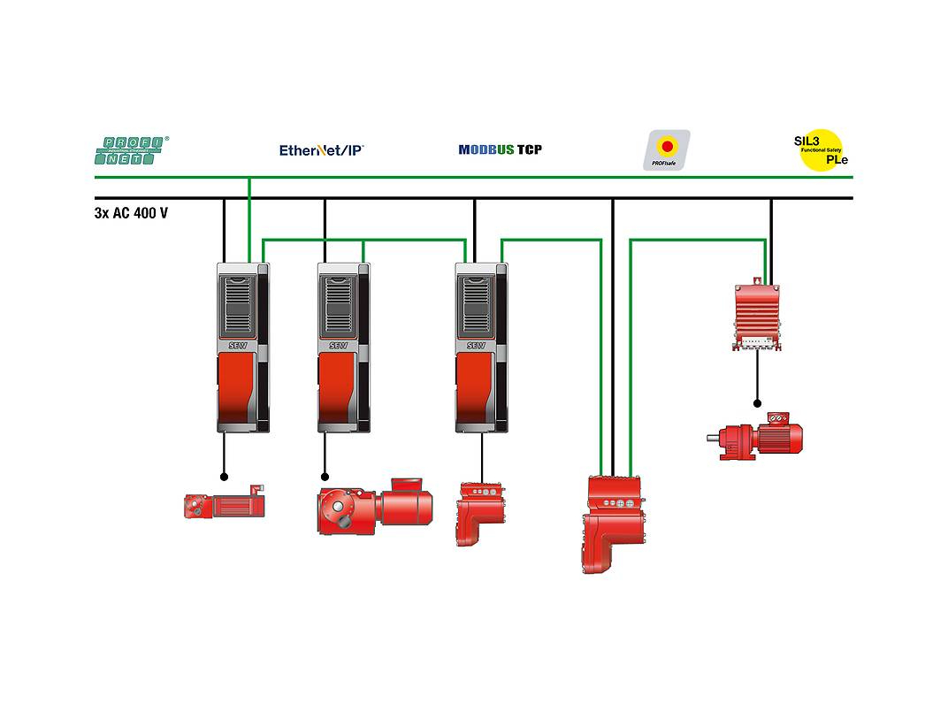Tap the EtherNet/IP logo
(321, 150)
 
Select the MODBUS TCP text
(500, 149)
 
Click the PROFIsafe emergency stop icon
(666, 149)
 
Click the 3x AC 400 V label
(131, 213)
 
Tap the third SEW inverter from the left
(482, 348)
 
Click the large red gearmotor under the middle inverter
(375, 507)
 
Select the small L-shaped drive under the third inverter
(478, 512)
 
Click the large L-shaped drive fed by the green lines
(617, 522)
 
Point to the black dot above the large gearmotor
(325, 476)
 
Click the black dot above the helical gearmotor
(757, 403)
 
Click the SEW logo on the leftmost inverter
(238, 345)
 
